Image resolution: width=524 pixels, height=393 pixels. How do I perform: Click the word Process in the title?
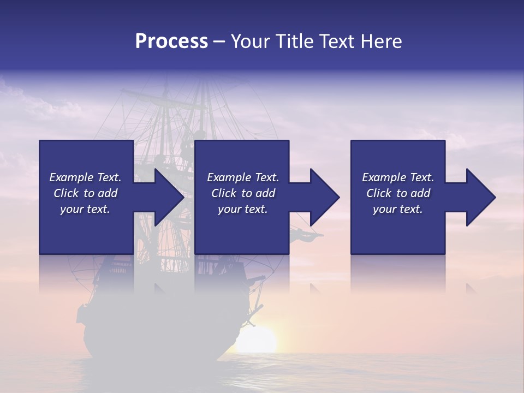tap(171, 41)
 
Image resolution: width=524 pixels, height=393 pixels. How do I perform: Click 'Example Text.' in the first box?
tap(85, 177)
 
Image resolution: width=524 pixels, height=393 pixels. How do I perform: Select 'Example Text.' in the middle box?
tap(242, 177)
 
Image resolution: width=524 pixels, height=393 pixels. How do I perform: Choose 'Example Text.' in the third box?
tap(398, 177)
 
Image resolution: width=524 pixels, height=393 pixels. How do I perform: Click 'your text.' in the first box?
tap(85, 209)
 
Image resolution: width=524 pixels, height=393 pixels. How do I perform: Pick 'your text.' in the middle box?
tap(242, 209)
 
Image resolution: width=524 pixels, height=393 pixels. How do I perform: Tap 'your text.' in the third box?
tap(398, 209)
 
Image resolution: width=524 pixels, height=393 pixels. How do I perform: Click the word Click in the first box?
tap(67, 193)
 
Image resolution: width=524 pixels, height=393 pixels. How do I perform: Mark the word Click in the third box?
tap(379, 193)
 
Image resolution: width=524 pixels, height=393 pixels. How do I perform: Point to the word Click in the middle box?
tap(224, 193)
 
